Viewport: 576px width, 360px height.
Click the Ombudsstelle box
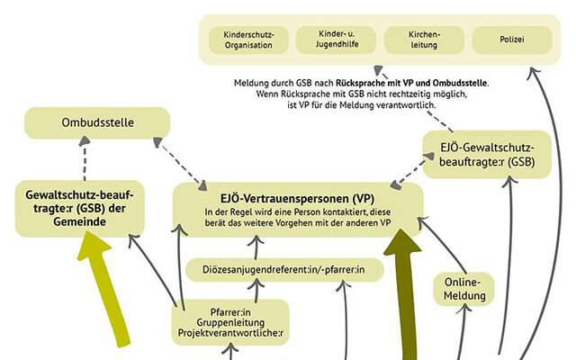97,121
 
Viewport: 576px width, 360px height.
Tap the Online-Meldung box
466,288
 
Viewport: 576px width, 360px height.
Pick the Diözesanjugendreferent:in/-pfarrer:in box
284,269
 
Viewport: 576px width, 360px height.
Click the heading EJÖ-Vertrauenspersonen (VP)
297,197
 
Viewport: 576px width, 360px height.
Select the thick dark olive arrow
401,288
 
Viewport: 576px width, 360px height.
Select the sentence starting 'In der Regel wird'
297,217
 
